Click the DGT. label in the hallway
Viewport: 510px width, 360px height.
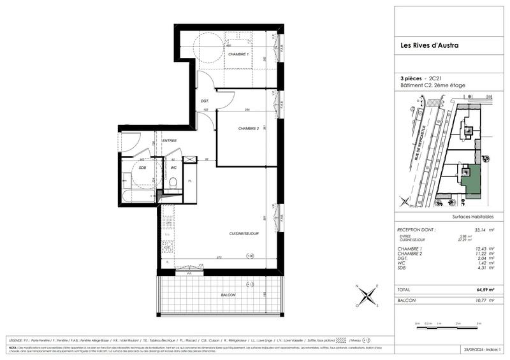pyautogui.click(x=205, y=101)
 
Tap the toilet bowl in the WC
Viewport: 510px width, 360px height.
pyautogui.click(x=173, y=184)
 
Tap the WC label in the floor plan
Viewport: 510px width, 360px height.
pyautogui.click(x=173, y=168)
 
